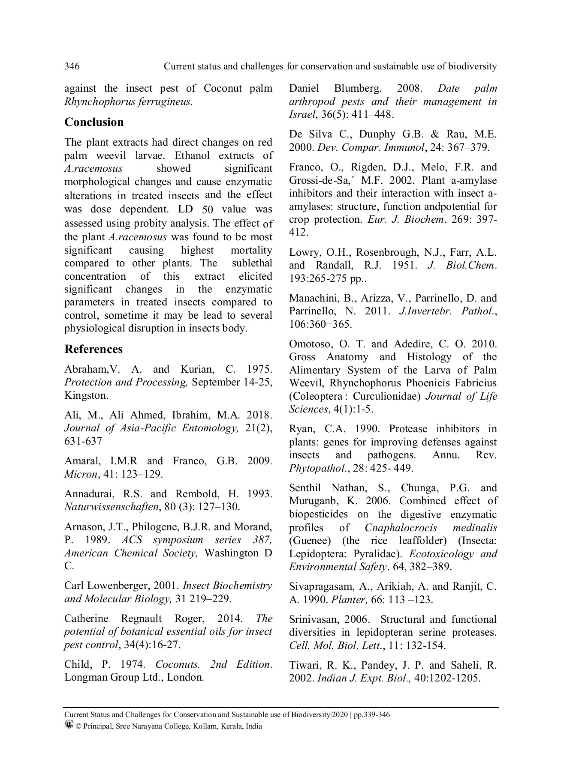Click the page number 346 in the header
(72, 66)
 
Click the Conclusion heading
(94, 122)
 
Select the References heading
(93, 349)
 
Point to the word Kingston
(80, 395)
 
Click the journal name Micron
(81, 474)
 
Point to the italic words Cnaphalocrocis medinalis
(431, 528)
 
